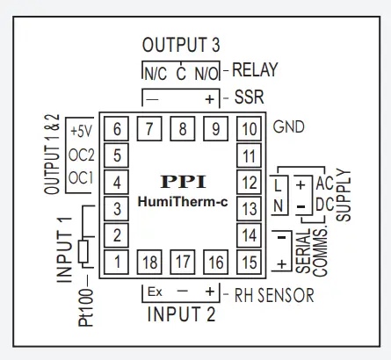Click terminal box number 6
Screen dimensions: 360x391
[117, 129]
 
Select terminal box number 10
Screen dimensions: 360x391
[250, 129]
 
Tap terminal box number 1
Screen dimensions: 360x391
[117, 261]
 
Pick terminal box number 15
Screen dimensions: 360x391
[250, 261]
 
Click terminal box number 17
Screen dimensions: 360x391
[184, 261]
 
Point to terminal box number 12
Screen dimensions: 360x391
[250, 183]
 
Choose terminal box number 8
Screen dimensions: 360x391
[184, 129]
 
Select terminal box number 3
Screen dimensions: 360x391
[117, 209]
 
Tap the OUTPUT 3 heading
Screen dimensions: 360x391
[180, 45]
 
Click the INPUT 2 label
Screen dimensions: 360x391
[179, 314]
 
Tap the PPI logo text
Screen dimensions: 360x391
[183, 182]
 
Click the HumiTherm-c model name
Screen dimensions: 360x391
[183, 203]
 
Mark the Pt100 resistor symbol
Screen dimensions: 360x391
[83, 252]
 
